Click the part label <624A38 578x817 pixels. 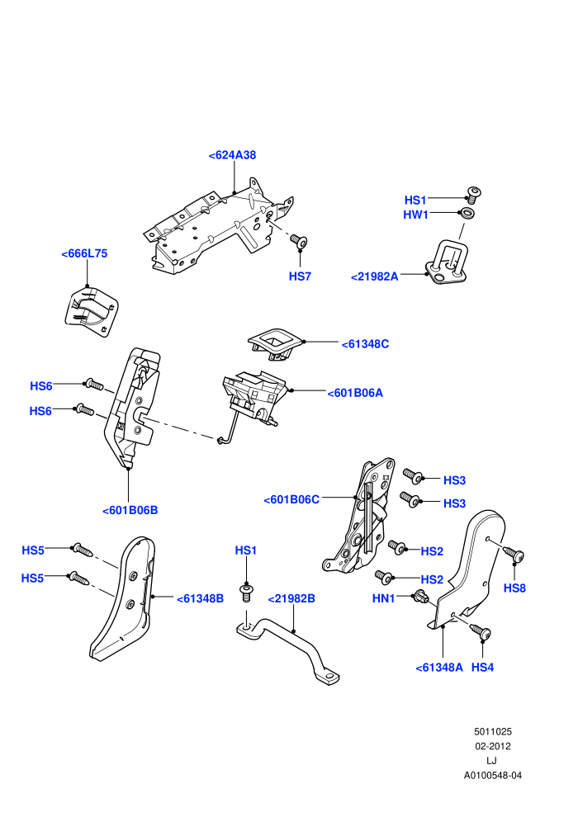click(233, 155)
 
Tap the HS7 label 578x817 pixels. click(301, 276)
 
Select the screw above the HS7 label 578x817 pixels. click(299, 241)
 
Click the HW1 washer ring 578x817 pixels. click(467, 213)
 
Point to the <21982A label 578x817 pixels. click(375, 276)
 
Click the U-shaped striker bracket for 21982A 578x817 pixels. click(447, 262)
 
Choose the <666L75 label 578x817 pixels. click(84, 253)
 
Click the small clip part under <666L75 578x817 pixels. click(91, 312)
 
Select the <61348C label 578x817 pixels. click(365, 344)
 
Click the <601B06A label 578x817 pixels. click(355, 393)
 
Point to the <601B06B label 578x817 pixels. click(130, 511)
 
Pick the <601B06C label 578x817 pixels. click(291, 499)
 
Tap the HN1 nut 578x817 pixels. click(421, 597)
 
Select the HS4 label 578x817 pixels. click(482, 668)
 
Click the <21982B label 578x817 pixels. click(291, 598)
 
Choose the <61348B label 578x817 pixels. click(200, 599)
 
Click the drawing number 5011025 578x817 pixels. click(492, 731)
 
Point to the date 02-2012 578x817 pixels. click(492, 746)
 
